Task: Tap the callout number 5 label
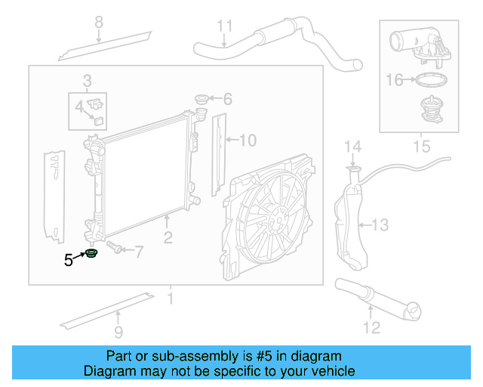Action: point(69,261)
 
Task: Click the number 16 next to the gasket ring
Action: point(395,79)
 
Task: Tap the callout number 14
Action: point(353,146)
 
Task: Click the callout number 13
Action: point(381,224)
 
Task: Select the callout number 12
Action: point(371,327)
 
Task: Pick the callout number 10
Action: point(248,139)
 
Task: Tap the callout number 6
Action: point(227,99)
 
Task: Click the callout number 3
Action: point(87,80)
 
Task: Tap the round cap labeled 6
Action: point(201,99)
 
